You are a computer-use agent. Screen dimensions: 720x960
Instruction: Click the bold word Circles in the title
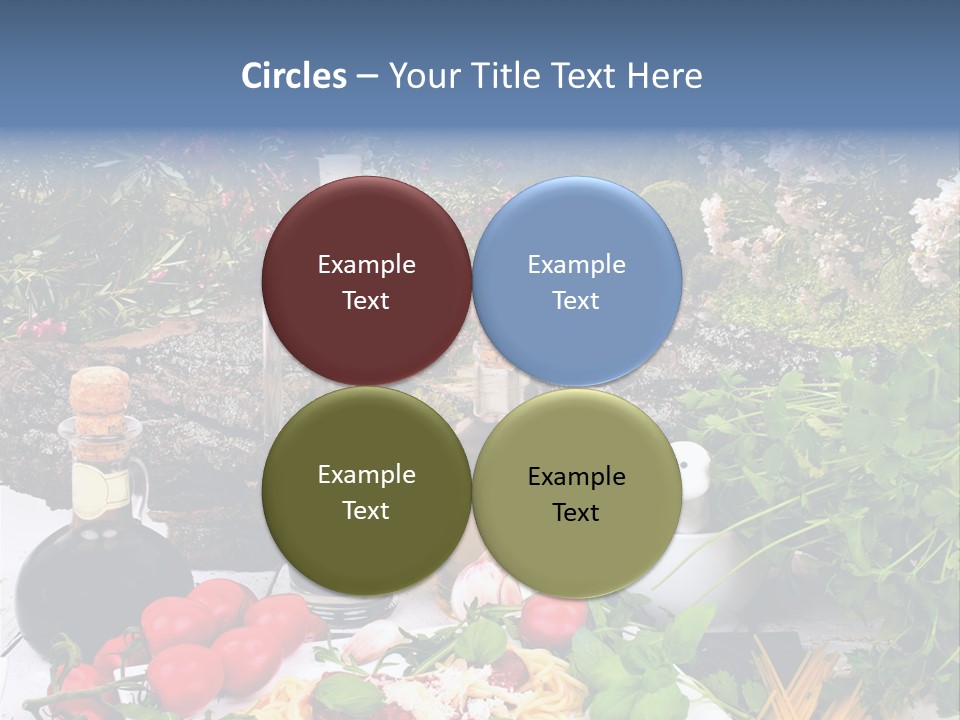click(293, 76)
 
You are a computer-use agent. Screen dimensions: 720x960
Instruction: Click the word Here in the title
click(664, 76)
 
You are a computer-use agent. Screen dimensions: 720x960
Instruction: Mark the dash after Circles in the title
click(366, 77)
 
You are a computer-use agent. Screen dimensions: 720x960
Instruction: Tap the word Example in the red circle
click(366, 265)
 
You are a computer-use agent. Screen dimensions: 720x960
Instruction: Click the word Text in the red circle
click(366, 301)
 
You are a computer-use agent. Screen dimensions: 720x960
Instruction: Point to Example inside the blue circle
click(577, 265)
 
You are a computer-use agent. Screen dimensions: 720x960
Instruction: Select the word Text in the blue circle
click(576, 301)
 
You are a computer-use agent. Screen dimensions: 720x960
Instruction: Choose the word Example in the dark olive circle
click(366, 475)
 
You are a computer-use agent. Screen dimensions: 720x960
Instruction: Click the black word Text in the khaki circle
click(576, 513)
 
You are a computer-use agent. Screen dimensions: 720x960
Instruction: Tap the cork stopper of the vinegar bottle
click(100, 390)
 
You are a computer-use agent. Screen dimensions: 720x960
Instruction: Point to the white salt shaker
click(692, 470)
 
